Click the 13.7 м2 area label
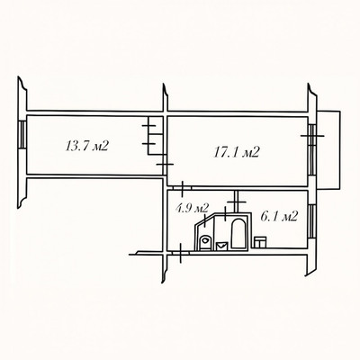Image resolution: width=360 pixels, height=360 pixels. click(x=86, y=146)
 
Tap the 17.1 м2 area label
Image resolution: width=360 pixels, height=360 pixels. click(x=237, y=152)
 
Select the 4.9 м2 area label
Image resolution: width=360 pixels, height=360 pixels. click(x=193, y=208)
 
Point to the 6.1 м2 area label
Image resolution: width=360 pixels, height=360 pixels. click(x=279, y=216)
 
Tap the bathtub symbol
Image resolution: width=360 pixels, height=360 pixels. click(x=238, y=234)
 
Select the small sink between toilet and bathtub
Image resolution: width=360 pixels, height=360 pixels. click(x=222, y=246)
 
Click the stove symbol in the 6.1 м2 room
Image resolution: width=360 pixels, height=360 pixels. click(x=260, y=242)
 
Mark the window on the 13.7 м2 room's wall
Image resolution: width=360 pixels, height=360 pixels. click(x=22, y=135)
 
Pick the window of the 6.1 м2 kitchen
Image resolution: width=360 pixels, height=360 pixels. click(x=311, y=220)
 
